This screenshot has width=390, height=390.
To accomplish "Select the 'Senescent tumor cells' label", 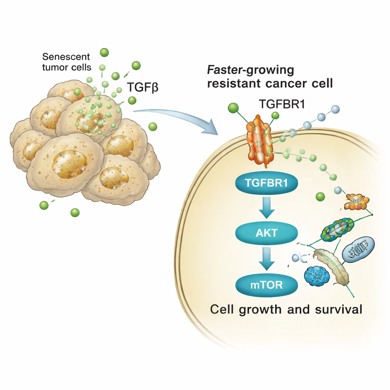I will pyautogui.click(x=67, y=62).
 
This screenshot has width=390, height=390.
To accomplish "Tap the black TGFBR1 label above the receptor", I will pyautogui.click(x=282, y=104).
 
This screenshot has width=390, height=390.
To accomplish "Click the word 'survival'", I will pyautogui.click(x=337, y=309).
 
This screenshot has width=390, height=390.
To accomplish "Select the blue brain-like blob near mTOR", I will pyautogui.click(x=317, y=276).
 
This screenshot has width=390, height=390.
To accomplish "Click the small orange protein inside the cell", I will pyautogui.click(x=357, y=202).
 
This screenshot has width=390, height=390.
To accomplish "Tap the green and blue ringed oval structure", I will pyautogui.click(x=338, y=229).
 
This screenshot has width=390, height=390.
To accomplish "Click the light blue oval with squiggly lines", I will pyautogui.click(x=358, y=249).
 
